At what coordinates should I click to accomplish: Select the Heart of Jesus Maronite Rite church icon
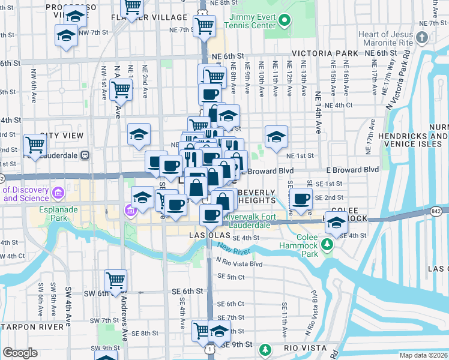click(x=422, y=38)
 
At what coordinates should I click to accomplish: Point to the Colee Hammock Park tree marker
click(x=327, y=244)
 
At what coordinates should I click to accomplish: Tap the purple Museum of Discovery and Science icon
click(x=58, y=193)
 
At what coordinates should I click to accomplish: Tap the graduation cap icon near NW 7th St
click(x=66, y=34)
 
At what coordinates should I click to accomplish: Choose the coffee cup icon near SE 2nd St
click(x=301, y=198)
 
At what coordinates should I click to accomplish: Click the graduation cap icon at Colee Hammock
click(x=337, y=221)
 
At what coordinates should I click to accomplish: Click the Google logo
click(x=20, y=352)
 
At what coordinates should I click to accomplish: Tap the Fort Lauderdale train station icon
click(x=85, y=154)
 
